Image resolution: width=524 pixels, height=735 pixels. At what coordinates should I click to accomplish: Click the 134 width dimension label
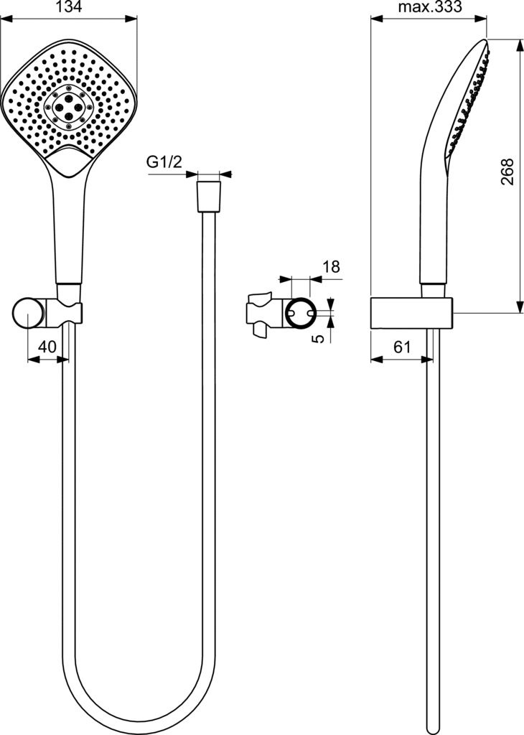pyautogui.click(x=69, y=6)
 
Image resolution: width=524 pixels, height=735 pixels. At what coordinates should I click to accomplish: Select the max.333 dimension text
pyautogui.click(x=430, y=6)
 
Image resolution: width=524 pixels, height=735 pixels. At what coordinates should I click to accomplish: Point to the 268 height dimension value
pyautogui.click(x=507, y=172)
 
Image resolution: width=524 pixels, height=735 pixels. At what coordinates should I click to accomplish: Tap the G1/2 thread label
pyautogui.click(x=164, y=162)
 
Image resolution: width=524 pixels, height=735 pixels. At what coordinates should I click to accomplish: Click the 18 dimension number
pyautogui.click(x=332, y=267)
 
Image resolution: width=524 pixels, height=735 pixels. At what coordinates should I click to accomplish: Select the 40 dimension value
pyautogui.click(x=47, y=347)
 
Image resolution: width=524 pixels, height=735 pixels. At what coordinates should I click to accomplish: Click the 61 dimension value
pyautogui.click(x=402, y=347)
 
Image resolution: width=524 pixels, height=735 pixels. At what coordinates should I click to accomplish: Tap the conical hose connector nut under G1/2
pyautogui.click(x=209, y=197)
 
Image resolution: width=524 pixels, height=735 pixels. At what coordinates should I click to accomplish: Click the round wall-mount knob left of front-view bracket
pyautogui.click(x=29, y=313)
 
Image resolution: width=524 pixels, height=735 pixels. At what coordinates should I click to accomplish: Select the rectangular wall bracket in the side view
pyautogui.click(x=411, y=313)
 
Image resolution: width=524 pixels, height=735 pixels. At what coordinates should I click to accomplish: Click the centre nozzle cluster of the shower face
pyautogui.click(x=68, y=108)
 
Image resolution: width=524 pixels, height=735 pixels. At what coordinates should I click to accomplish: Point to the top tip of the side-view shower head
pyautogui.click(x=486, y=39)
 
